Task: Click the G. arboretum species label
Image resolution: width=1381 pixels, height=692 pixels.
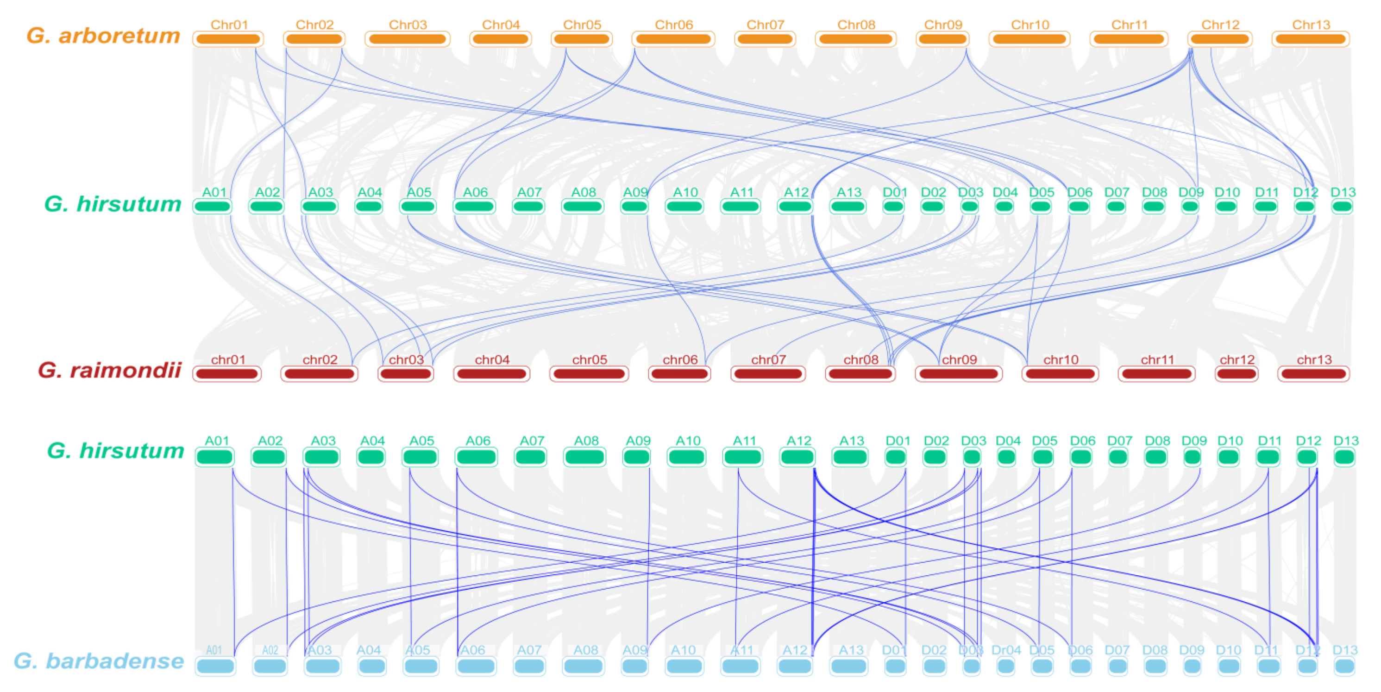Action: click(x=103, y=36)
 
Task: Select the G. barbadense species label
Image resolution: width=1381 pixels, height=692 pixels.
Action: click(x=99, y=661)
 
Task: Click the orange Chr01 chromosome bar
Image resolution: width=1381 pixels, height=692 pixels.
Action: click(x=228, y=39)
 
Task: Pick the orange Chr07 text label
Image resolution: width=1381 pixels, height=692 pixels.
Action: click(x=765, y=25)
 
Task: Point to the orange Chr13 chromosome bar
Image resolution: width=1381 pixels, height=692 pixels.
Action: click(x=1310, y=39)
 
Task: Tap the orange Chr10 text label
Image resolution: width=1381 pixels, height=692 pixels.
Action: click(x=1030, y=25)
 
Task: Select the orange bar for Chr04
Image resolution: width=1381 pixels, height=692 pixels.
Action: click(x=500, y=39)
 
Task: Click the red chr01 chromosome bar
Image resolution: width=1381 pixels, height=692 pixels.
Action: click(x=227, y=374)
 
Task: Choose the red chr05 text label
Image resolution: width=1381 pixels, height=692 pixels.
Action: click(x=589, y=360)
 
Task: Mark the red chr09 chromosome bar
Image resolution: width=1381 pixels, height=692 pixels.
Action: click(x=959, y=374)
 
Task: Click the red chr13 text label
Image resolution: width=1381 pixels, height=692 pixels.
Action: click(x=1313, y=360)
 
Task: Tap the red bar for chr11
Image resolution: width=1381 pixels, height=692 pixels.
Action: click(x=1156, y=374)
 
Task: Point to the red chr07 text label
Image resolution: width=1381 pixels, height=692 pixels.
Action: click(x=768, y=360)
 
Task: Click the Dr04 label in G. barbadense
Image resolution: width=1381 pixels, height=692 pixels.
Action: click(x=1006, y=650)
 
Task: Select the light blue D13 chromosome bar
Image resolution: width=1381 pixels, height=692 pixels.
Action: click(x=1344, y=666)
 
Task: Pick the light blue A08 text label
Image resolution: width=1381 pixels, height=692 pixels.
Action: click(x=585, y=650)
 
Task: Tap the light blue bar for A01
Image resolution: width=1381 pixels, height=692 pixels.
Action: click(x=215, y=666)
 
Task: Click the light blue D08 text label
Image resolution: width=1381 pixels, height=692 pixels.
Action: click(x=1154, y=650)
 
